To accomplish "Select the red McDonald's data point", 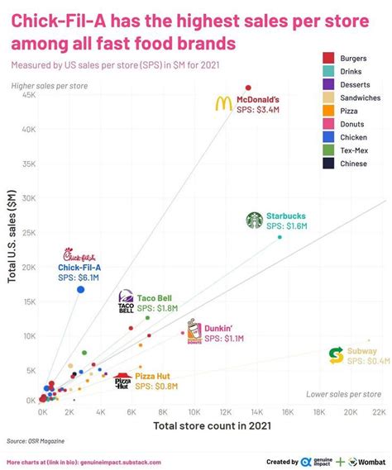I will (x=247, y=88).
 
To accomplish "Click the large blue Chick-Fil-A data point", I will (x=81, y=289).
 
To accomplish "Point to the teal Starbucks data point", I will (x=280, y=237).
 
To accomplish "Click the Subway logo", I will (x=336, y=355).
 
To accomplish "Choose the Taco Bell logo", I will (x=126, y=302).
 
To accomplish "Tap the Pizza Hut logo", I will (x=122, y=382).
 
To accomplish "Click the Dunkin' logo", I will (x=194, y=332).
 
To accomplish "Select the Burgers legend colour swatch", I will (x=328, y=58).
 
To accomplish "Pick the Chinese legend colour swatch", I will (x=328, y=164).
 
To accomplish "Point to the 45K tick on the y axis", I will (x=28, y=95).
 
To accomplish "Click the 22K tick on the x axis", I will (x=379, y=411).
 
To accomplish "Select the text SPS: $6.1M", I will (x=78, y=278).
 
